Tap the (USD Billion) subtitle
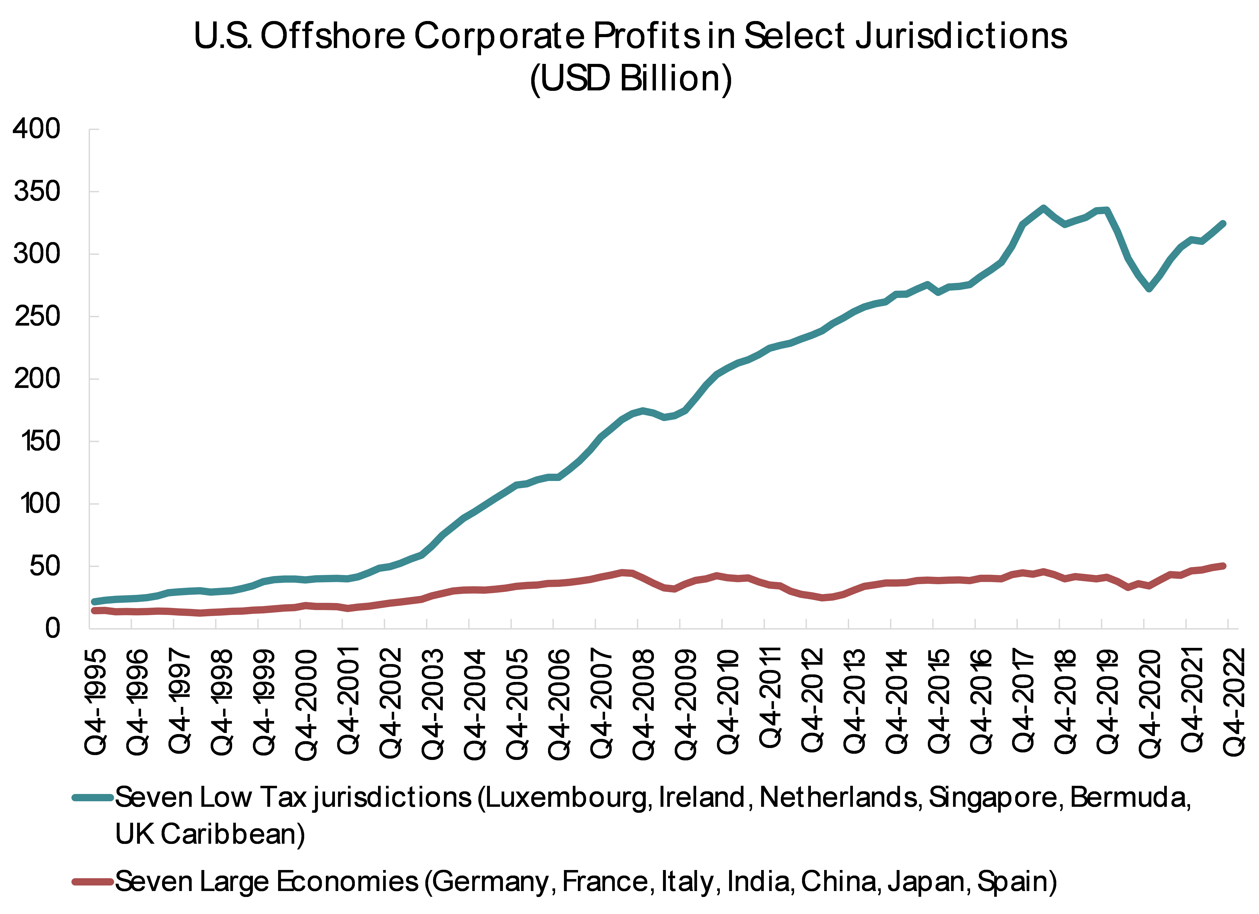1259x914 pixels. pos(631,79)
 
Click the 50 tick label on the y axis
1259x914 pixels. pos(44,567)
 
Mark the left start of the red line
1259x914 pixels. pos(94,611)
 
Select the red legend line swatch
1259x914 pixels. pos(93,881)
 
